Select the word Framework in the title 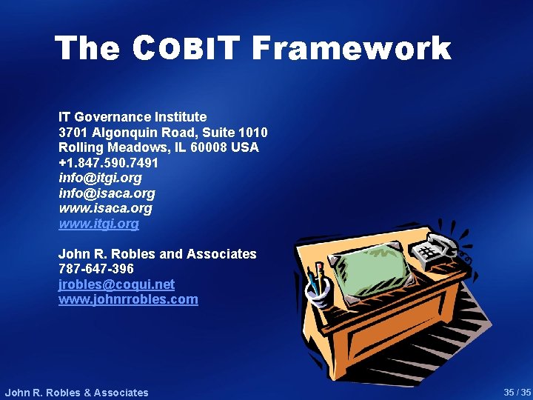click(x=351, y=49)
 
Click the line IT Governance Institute click(x=133, y=116)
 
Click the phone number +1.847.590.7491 click(x=108, y=163)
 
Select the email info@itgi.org click(x=100, y=178)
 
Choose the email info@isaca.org click(x=107, y=193)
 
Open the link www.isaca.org click(x=105, y=208)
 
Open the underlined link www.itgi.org click(x=98, y=224)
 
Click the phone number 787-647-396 click(x=96, y=269)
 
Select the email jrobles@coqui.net click(x=116, y=284)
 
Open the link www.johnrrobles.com click(x=128, y=299)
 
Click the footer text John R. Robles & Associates click(x=76, y=393)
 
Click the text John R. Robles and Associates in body click(x=157, y=254)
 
